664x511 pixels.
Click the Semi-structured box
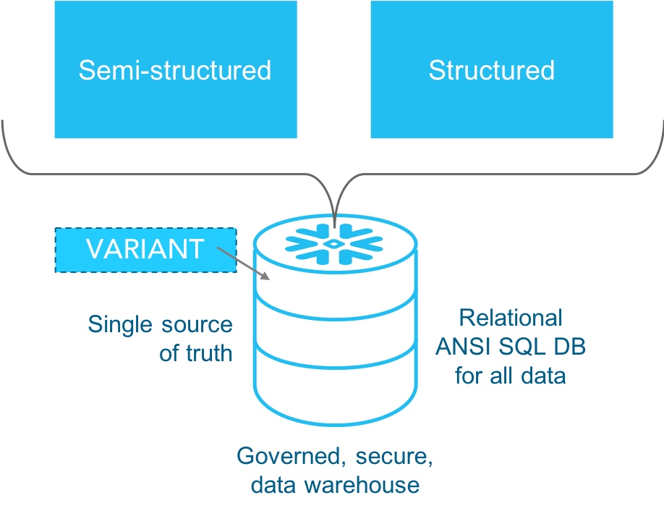click(x=175, y=69)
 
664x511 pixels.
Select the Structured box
click(x=491, y=69)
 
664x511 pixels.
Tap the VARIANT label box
click(x=145, y=250)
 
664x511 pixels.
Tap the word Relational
click(x=511, y=318)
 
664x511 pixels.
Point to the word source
click(x=197, y=325)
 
